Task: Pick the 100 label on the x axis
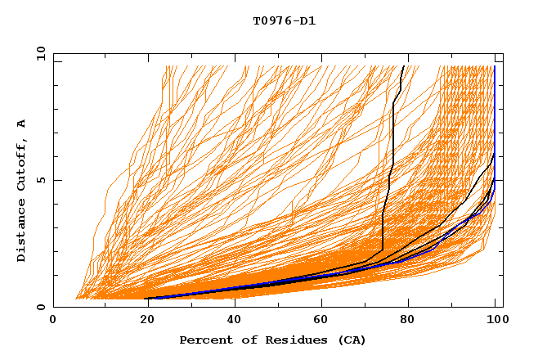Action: coord(495,321)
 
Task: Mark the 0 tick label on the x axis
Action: coord(54,321)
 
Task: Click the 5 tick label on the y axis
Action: coord(40,180)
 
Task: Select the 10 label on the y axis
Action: coord(37,53)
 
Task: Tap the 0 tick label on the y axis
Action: coord(40,307)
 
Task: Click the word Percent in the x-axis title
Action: coord(204,340)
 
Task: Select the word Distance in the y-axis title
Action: coord(21,232)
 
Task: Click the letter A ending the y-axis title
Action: coord(21,124)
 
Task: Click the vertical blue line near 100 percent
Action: coord(494,123)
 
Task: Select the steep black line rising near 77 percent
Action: coord(393,147)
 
